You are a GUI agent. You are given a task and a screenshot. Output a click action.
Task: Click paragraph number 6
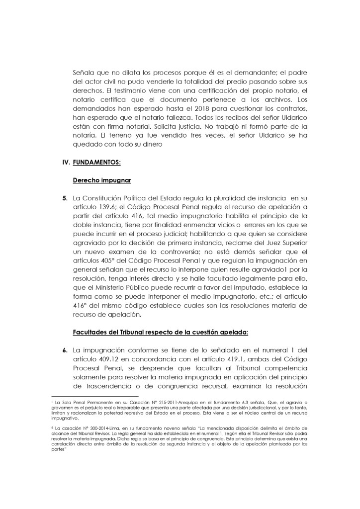pos(65,350)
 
